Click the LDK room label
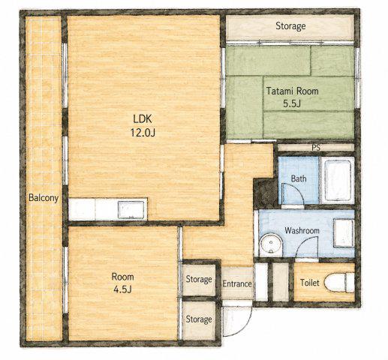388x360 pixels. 143,119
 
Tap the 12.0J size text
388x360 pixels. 143,133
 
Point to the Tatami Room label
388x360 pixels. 292,91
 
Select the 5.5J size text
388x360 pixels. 292,103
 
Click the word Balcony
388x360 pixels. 44,198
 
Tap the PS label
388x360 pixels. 316,148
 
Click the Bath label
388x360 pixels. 299,178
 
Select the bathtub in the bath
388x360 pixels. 338,180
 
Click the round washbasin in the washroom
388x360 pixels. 271,245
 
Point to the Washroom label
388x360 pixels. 302,230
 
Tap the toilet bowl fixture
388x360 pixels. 339,283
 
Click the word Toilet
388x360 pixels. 310,283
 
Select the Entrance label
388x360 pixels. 237,283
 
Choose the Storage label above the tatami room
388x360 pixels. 290,26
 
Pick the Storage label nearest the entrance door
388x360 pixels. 199,319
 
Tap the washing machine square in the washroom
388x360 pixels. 344,232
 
